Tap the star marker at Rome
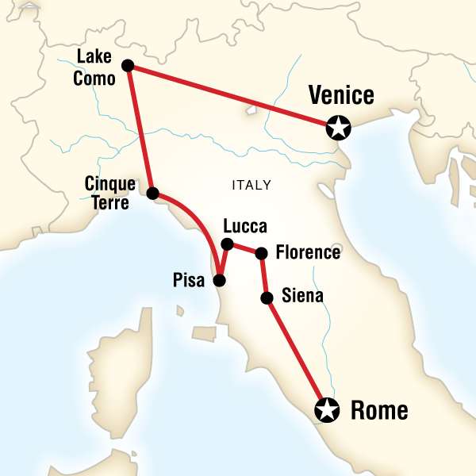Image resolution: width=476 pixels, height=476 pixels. coord(326,410)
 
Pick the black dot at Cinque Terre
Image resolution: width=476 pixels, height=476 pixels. coord(153,193)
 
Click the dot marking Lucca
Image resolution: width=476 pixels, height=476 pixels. coord(227,244)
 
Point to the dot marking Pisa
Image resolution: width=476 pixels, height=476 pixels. coord(220,280)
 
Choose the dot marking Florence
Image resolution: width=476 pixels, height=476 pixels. coord(261,253)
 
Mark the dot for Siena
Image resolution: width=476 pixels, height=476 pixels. coord(267,298)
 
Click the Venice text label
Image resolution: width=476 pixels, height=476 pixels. coord(341,96)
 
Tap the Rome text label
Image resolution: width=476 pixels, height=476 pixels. coord(379,411)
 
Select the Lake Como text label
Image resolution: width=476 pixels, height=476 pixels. coord(97,67)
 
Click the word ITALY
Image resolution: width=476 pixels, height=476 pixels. coord(251,186)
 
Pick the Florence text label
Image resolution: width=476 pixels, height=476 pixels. coord(307,253)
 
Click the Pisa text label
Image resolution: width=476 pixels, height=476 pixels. coord(189,280)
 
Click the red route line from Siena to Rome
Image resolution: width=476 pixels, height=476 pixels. coord(295,352)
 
